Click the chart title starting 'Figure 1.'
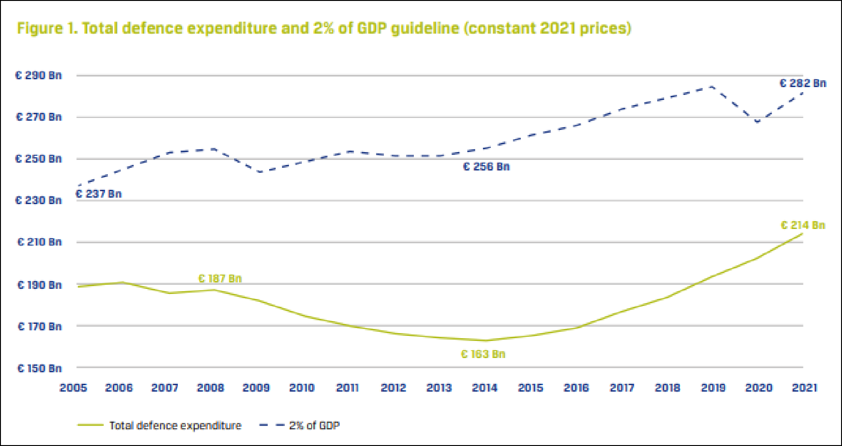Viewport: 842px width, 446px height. click(x=324, y=29)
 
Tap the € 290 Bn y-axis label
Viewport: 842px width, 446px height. click(x=39, y=76)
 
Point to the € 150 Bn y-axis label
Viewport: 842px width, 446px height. click(x=40, y=368)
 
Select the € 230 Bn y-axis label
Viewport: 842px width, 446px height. click(x=39, y=200)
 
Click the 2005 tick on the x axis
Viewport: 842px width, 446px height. click(x=73, y=388)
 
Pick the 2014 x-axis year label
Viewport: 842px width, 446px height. click(x=484, y=388)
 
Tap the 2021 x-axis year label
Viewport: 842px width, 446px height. click(x=804, y=388)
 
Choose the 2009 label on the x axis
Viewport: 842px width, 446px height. click(x=256, y=388)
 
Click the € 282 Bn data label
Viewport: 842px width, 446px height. click(x=802, y=83)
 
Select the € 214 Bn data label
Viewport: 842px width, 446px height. click(x=802, y=225)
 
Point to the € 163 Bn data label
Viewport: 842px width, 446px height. click(x=483, y=354)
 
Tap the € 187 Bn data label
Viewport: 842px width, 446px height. click(x=220, y=279)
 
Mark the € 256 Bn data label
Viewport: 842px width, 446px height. click(x=486, y=167)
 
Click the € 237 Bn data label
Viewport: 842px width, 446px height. click(x=99, y=194)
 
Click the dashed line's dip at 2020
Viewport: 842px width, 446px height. click(x=758, y=122)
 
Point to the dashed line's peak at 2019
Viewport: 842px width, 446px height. click(x=712, y=86)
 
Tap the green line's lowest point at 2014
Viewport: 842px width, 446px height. click(x=484, y=340)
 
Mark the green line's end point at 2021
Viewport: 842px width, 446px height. click(x=802, y=234)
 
